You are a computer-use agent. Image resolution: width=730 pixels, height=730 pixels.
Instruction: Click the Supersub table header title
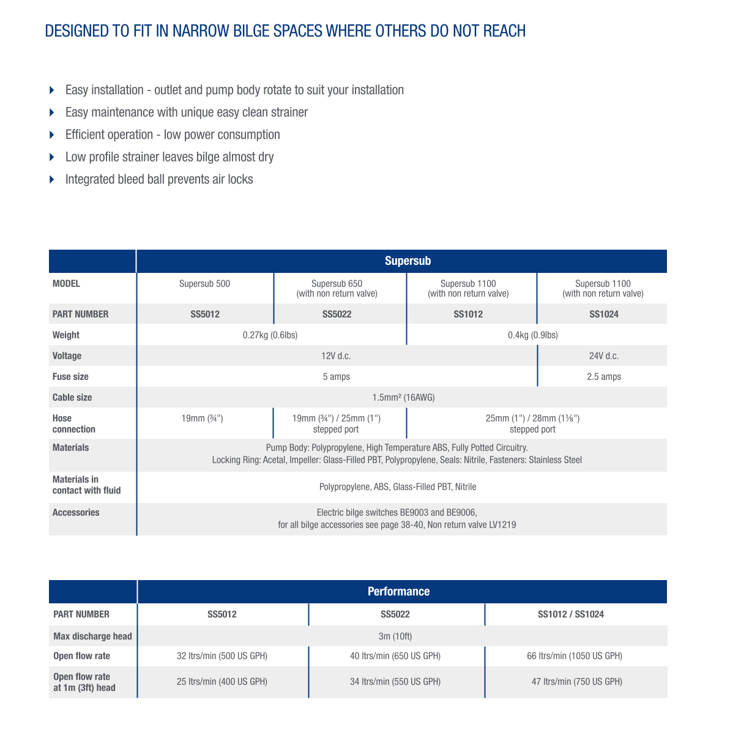pos(408,261)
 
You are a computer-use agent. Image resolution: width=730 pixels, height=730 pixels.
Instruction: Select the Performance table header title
pos(398,591)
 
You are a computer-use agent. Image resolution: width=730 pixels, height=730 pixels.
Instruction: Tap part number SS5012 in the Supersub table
pos(204,314)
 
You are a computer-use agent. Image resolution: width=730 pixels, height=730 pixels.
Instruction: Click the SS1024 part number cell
pos(603,314)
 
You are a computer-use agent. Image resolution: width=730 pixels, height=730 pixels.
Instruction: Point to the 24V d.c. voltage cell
pos(603,356)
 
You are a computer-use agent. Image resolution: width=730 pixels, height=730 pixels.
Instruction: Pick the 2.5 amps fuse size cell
pos(603,376)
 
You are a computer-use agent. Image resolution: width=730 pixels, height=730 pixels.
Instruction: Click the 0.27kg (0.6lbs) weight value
pos(270,335)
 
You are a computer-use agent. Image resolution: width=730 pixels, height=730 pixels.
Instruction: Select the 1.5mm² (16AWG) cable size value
pos(403,397)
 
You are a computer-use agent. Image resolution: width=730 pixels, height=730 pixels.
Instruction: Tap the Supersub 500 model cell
pos(204,283)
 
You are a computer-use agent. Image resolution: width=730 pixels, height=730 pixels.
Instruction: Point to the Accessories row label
pos(76,512)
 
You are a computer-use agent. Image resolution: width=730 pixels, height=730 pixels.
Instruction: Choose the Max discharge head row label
pos(92,636)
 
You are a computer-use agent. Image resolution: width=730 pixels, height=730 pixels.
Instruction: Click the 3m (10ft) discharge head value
pos(395,636)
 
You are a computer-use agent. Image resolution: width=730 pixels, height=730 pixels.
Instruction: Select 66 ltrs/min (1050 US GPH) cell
pos(575,655)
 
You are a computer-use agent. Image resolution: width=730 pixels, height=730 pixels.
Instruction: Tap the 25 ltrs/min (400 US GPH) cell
pos(222,681)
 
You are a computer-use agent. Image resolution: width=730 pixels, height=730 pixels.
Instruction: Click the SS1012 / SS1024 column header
pos(570,614)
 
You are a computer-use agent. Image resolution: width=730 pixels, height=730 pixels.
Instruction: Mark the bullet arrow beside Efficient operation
pos(52,135)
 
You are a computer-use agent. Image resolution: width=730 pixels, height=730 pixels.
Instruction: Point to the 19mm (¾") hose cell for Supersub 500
pos(202,418)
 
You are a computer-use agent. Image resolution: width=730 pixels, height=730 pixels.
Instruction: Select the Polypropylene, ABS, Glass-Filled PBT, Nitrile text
pos(398,486)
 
